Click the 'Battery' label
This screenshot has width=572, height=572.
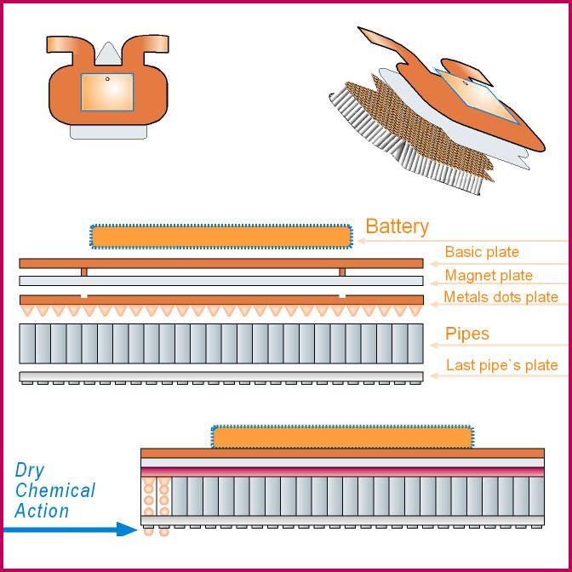397,227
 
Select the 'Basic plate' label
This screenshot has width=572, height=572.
481,252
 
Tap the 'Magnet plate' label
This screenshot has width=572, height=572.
488,275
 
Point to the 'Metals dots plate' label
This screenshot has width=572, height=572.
500,297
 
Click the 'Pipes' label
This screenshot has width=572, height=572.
467,333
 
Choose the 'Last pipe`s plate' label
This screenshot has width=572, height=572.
501,366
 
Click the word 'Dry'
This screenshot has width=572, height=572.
31,471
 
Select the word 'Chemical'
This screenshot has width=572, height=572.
55,491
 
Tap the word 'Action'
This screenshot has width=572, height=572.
42,511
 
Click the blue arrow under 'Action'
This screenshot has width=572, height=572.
68,529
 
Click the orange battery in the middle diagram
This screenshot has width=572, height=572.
220,236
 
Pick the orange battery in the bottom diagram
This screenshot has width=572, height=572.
340,437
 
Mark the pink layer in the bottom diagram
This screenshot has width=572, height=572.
341,471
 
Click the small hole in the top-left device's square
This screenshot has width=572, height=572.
108,78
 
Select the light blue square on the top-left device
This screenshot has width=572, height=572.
106,92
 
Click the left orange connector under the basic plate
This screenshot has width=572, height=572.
83,272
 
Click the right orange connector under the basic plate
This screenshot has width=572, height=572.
342,272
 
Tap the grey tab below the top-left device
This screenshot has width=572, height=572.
108,132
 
